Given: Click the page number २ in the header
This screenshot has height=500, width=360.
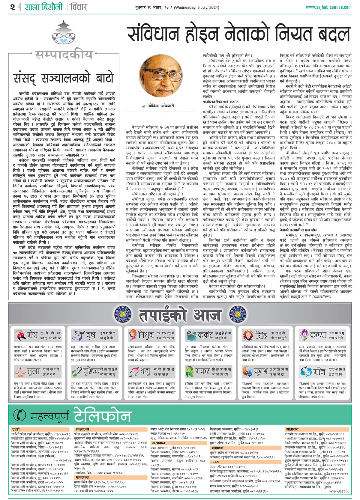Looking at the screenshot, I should click(x=12, y=7).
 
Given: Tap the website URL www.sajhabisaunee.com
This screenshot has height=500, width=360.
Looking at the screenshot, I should click(x=328, y=7).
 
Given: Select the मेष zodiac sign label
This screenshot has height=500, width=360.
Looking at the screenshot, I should click(x=32, y=335).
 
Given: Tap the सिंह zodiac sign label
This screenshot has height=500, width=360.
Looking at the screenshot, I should click(x=261, y=335).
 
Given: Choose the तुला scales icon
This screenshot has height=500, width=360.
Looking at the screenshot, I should click(x=20, y=372).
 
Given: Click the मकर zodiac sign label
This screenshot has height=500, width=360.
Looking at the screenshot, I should click(x=202, y=372).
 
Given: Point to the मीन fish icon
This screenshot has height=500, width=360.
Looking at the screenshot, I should click(x=306, y=372).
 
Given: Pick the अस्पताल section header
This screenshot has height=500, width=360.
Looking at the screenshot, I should click(x=158, y=443).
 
